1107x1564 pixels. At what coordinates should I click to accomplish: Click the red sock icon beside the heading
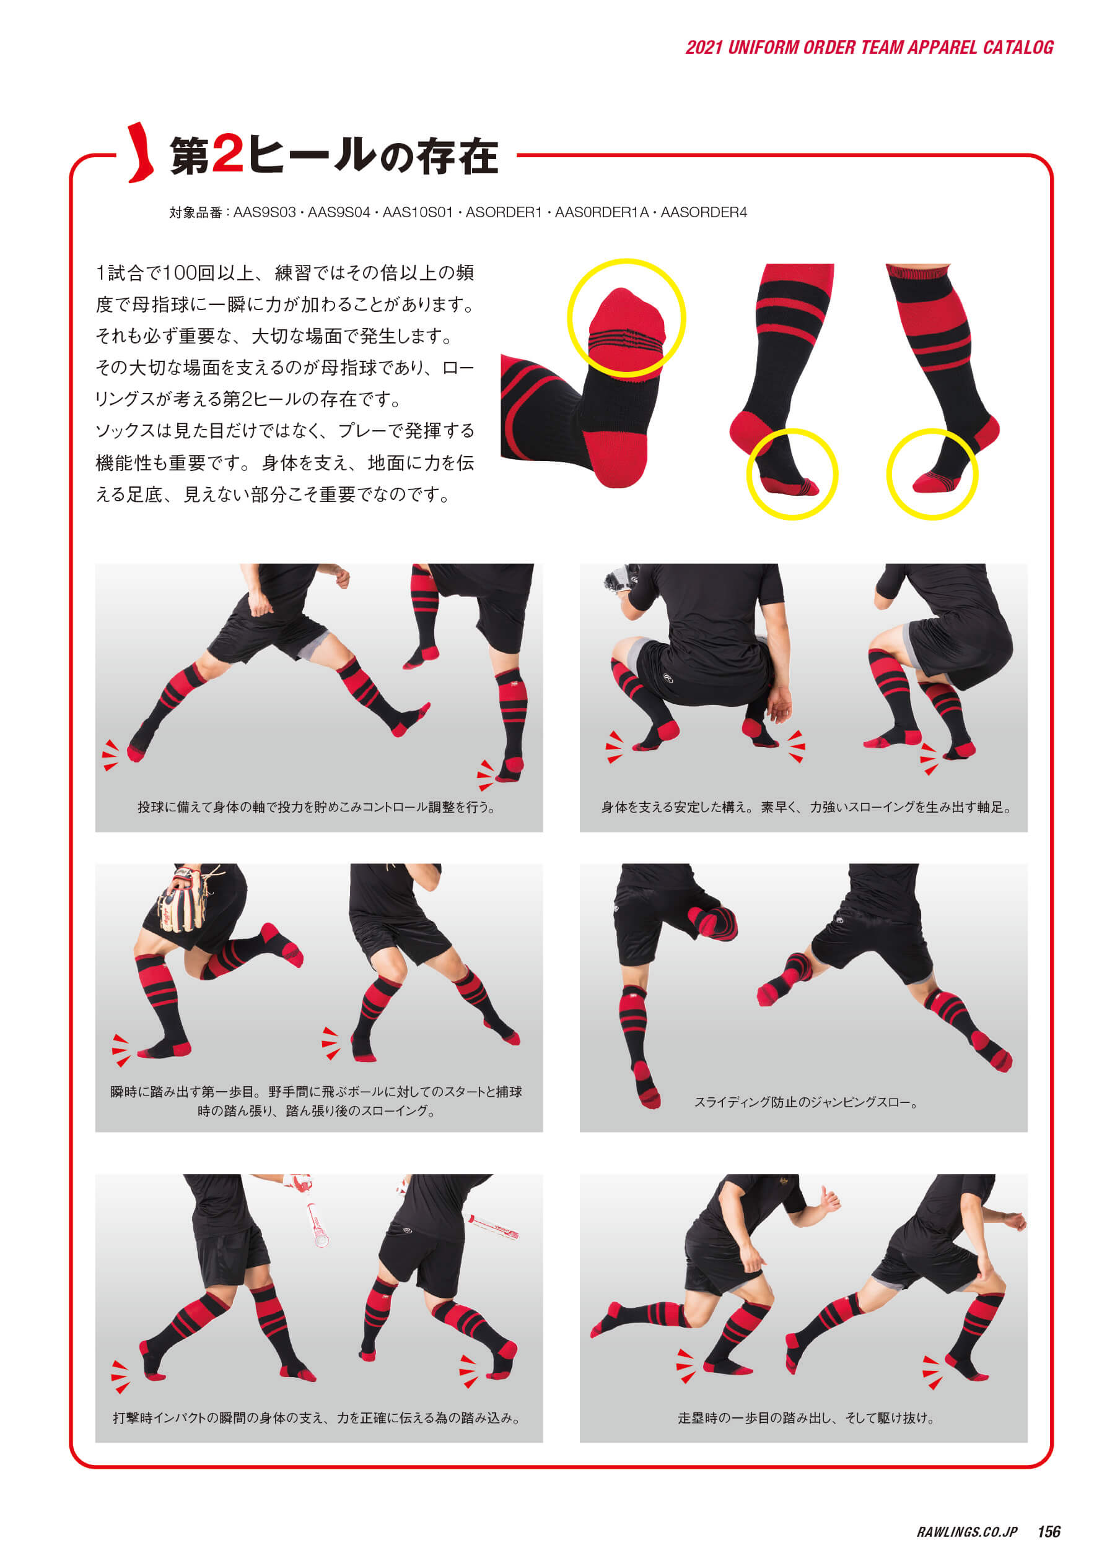(x=141, y=153)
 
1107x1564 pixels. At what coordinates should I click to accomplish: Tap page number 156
(x=1048, y=1531)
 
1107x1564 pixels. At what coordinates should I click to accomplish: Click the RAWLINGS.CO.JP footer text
(x=966, y=1532)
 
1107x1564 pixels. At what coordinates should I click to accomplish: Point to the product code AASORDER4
(x=704, y=212)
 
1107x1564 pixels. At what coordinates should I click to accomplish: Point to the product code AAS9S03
(x=265, y=212)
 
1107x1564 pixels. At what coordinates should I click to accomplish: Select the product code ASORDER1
(x=504, y=212)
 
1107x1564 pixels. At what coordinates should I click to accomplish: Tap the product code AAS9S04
(x=339, y=212)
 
